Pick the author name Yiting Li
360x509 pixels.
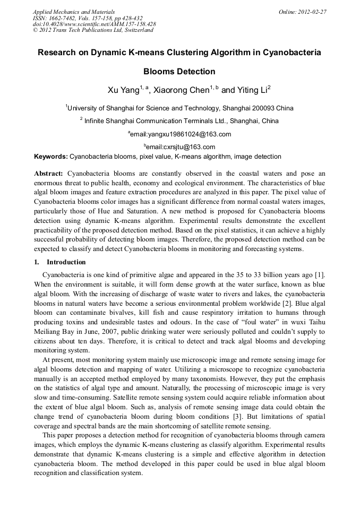click(252, 90)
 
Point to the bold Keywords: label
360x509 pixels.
click(51, 157)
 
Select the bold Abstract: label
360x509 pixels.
click(49, 174)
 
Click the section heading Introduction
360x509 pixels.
click(66, 262)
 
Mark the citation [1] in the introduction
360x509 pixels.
click(320, 274)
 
